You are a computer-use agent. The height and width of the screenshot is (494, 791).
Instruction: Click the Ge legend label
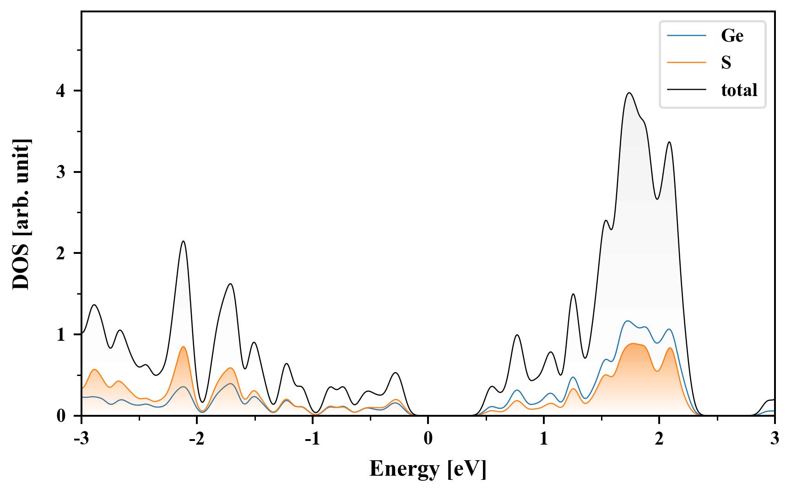pyautogui.click(x=732, y=36)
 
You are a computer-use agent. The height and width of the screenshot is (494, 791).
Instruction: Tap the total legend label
pyautogui.click(x=739, y=90)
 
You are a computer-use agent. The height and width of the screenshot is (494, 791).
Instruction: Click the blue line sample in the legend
pyautogui.click(x=686, y=36)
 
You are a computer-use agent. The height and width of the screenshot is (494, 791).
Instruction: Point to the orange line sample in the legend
pyautogui.click(x=686, y=62)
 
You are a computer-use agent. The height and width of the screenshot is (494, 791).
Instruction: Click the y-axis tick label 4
pyautogui.click(x=61, y=91)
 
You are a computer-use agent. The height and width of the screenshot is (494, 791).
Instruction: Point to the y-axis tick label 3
pyautogui.click(x=61, y=172)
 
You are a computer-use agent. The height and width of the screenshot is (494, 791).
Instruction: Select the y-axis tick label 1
pyautogui.click(x=61, y=335)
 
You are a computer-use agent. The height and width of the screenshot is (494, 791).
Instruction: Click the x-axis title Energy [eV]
pyautogui.click(x=428, y=469)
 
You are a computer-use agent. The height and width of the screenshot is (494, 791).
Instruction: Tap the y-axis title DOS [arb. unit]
pyautogui.click(x=21, y=214)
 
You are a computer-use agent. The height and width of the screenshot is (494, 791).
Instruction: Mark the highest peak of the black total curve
pyautogui.click(x=629, y=93)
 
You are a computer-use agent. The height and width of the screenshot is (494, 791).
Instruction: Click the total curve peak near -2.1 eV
pyautogui.click(x=183, y=241)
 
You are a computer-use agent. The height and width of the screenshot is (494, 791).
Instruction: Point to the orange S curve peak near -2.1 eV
pyautogui.click(x=183, y=347)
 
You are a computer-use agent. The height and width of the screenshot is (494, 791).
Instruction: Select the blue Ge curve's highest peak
pyautogui.click(x=627, y=321)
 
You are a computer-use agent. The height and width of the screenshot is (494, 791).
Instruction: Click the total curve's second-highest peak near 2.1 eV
pyautogui.click(x=669, y=142)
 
